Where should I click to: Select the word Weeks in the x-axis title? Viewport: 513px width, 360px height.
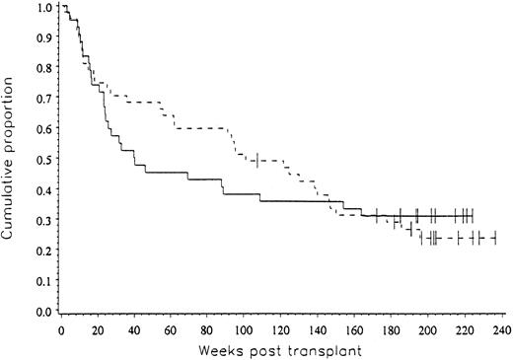[x=221, y=351]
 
